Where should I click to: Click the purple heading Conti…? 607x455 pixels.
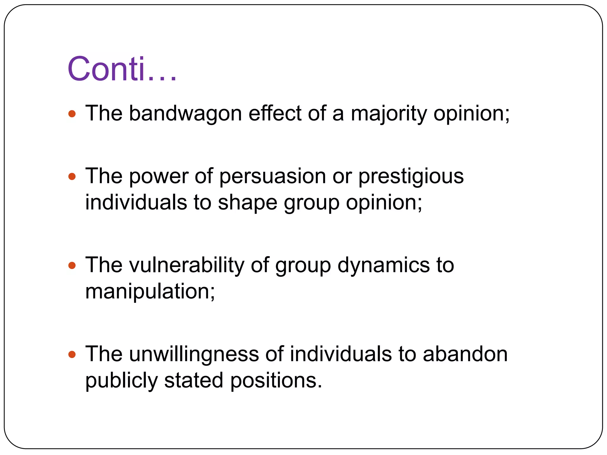point(122,69)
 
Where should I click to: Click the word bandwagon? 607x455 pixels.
point(185,113)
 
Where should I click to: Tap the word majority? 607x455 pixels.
point(389,113)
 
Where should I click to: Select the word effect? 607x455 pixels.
point(275,113)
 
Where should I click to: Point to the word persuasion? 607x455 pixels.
point(272,177)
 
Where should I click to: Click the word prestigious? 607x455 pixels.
point(411,177)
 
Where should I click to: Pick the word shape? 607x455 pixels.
point(247,203)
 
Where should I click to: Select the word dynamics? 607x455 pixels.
point(384,265)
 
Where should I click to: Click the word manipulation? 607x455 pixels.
point(150,291)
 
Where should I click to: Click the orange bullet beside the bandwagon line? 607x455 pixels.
point(72,114)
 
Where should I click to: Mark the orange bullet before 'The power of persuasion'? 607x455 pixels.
point(72,177)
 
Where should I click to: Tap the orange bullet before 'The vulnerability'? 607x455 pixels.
point(72,265)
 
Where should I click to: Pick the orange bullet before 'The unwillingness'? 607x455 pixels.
point(72,354)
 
